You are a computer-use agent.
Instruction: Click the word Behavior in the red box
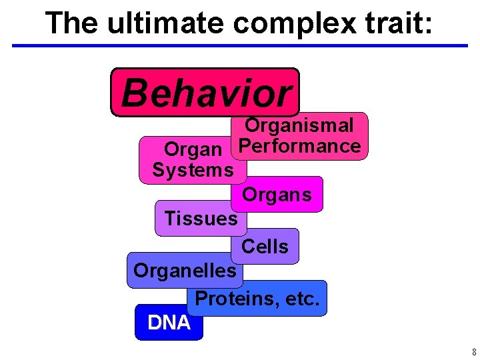coord(206,93)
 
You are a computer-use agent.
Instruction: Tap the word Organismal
coord(299,125)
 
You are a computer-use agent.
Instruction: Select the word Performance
coord(299,146)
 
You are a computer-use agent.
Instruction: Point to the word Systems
coord(193,170)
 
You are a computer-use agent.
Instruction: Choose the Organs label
coord(277,195)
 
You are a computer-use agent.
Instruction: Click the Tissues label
coord(201,218)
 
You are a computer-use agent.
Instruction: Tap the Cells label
coord(265,247)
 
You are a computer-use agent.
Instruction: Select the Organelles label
coord(185,270)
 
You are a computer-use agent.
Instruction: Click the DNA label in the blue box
coord(169,323)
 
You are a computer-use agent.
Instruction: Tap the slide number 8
coord(473,352)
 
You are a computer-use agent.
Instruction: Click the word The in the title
coord(67,23)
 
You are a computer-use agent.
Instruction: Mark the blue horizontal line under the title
coord(240,46)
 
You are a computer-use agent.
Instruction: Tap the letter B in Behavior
coord(134,93)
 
